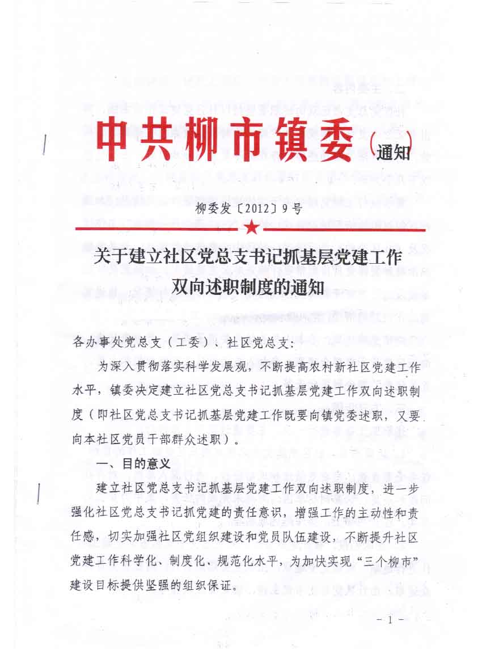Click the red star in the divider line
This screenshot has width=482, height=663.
[x=252, y=228]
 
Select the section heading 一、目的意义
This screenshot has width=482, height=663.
[x=134, y=463]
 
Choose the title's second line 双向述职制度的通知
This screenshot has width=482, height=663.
[x=248, y=287]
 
